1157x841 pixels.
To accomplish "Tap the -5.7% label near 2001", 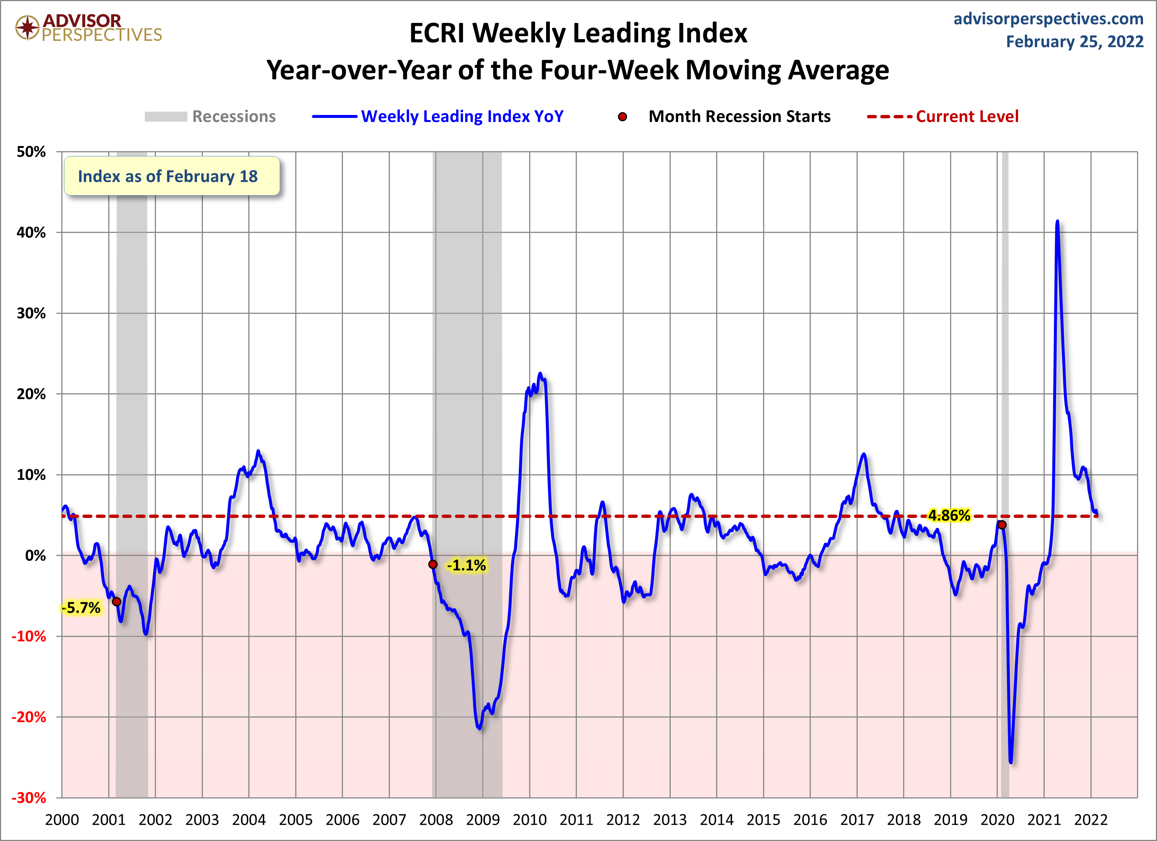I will click(81, 608).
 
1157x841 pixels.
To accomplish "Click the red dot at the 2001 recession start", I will click(117, 602).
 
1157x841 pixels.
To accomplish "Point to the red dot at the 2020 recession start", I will click(1002, 525).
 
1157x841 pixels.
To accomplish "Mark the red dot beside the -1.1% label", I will click(433, 564).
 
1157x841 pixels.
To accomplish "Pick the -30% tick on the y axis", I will click(29, 798).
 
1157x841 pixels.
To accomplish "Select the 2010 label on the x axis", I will click(530, 820).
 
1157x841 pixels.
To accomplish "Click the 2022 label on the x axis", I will click(1091, 820).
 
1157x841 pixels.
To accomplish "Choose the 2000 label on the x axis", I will click(62, 820).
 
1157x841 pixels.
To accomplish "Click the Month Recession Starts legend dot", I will click(622, 117).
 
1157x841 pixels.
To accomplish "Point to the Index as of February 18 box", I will click(172, 176).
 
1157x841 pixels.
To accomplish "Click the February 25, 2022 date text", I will click(1074, 42).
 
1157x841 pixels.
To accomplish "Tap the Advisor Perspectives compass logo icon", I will click(27, 27).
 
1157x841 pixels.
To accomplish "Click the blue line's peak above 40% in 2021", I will click(1057, 221).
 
